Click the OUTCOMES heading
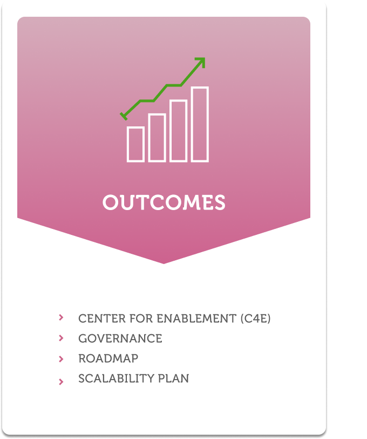[164, 202]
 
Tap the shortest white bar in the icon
[135, 144]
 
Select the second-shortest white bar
[157, 138]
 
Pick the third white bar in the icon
[178, 131]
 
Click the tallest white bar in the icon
[200, 124]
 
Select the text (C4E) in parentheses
[255, 319]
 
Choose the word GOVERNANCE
[120, 339]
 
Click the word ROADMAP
[108, 359]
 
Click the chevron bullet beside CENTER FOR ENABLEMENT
[61, 318]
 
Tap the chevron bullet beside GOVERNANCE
[61, 338]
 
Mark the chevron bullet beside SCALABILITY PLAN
[61, 381]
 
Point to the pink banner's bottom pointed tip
[164, 262]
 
